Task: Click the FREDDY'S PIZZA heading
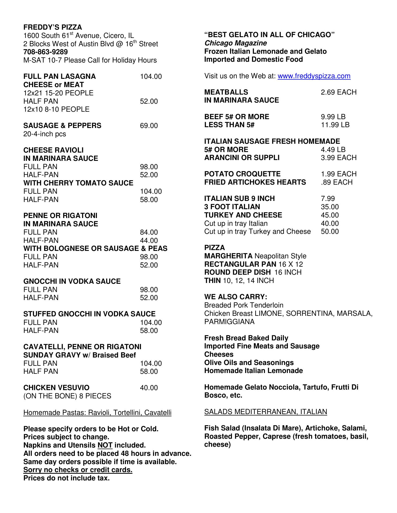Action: pos(53,27)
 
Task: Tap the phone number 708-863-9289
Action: pos(45,52)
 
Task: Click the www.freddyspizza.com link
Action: pos(314,76)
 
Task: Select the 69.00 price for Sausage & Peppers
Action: pos(149,126)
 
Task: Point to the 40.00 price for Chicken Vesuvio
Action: pos(149,388)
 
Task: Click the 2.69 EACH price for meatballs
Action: pos(338,92)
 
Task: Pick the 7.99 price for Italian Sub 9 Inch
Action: pos(328,199)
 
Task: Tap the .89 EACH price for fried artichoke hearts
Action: pos(337,182)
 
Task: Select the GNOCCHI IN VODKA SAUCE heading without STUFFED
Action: pos(72,281)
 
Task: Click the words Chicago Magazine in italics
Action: pos(235,43)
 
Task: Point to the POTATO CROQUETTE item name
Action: pos(242,174)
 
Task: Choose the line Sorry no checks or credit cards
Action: pos(78,470)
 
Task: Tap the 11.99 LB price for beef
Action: pos(335,125)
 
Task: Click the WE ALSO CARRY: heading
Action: pos(236,297)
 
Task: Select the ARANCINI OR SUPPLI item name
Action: pos(242,158)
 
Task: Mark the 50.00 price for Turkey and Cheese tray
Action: pos(330,231)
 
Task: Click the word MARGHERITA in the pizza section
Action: pos(228,256)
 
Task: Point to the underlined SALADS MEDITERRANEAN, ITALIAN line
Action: pos(265,412)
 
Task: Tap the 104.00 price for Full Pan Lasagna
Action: pos(151,77)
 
